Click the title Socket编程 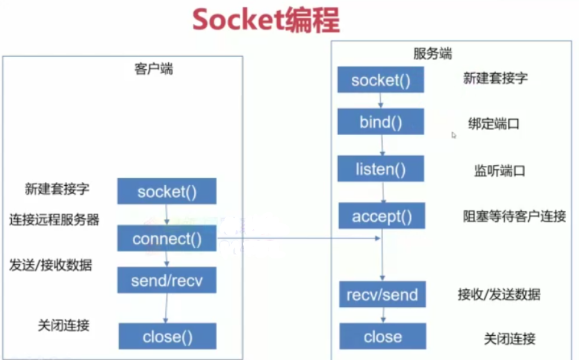[x=266, y=21]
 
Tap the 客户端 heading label [x=154, y=69]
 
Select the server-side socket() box [x=381, y=80]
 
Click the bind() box [x=381, y=122]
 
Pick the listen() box [x=381, y=170]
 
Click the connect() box [x=167, y=239]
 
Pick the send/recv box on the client [x=166, y=280]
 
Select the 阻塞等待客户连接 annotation [x=514, y=217]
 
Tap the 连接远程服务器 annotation [x=54, y=220]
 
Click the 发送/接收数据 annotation [x=51, y=265]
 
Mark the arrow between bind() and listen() [x=382, y=145]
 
